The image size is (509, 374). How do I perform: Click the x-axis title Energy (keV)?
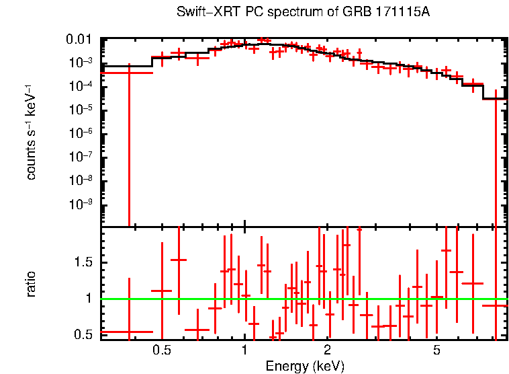coord(305,366)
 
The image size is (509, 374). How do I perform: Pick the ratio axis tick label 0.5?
coord(87,334)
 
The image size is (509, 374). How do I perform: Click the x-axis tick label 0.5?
coord(161,350)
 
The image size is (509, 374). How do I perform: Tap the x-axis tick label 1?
coord(245,350)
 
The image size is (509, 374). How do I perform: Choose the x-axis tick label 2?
coord(328,350)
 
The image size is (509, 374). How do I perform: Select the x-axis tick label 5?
coord(437,350)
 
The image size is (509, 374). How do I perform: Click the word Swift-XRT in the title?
coord(201,13)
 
